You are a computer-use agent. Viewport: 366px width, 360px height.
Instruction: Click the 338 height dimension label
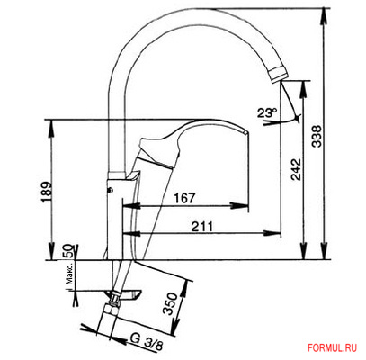pos(317,136)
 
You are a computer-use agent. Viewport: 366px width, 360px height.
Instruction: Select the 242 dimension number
pos(296,169)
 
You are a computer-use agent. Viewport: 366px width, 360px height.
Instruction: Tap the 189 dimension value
pos(47,193)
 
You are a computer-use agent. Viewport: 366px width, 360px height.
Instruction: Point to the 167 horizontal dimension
pos(184,198)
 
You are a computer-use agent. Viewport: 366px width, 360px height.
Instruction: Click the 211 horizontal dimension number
pos(202,227)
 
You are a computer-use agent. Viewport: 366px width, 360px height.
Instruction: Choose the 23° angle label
pos(267,113)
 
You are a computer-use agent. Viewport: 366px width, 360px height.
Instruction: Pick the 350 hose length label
pos(170,303)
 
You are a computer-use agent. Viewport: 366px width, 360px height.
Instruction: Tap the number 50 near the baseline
pos(68,251)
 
